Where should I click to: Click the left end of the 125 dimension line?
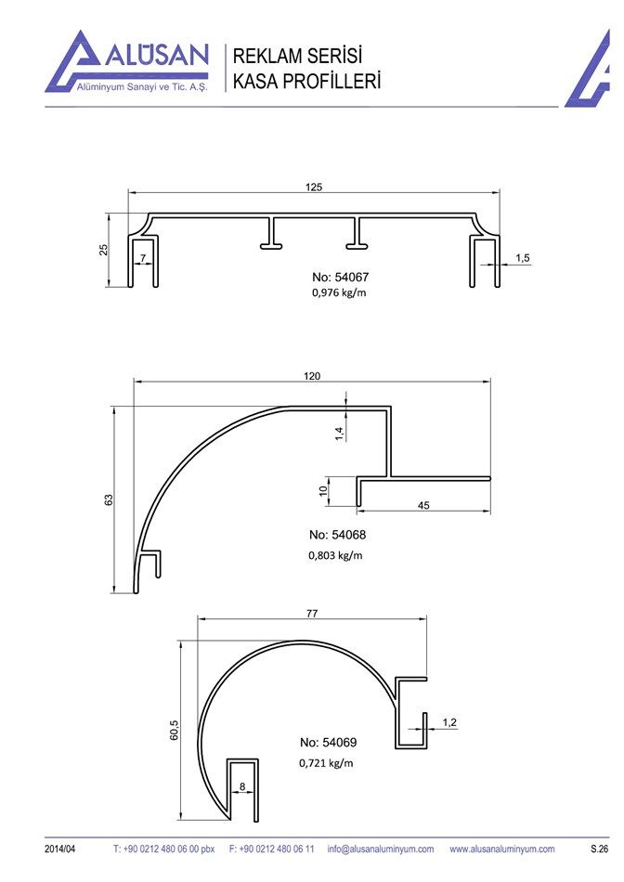(x=128, y=193)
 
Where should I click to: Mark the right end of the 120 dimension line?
(x=490, y=382)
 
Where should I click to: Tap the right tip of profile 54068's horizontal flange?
(x=490, y=479)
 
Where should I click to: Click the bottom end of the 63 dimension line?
(x=113, y=592)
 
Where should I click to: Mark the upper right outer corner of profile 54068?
(x=391, y=406)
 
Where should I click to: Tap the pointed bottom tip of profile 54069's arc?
(x=229, y=819)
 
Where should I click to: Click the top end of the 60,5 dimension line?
(x=181, y=641)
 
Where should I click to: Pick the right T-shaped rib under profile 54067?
(x=357, y=232)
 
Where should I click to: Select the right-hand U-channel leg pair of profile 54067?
(x=485, y=261)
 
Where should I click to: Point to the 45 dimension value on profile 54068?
(x=423, y=505)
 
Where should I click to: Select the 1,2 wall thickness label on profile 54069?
(x=449, y=722)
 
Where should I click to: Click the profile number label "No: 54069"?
(x=329, y=743)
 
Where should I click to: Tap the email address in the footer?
(x=381, y=849)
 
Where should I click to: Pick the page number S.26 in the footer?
(x=600, y=849)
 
